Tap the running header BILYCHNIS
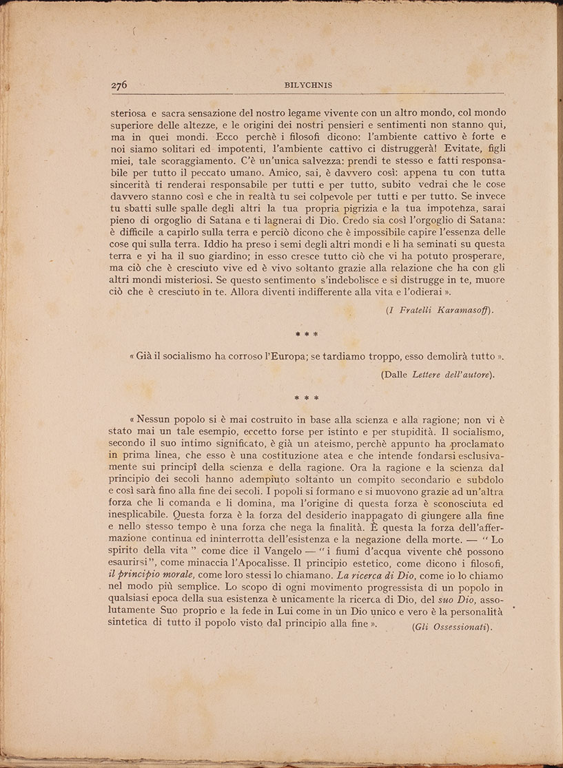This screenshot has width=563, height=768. [x=309, y=85]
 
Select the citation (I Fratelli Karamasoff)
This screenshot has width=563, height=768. [x=440, y=310]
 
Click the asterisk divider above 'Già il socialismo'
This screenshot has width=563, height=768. [x=306, y=334]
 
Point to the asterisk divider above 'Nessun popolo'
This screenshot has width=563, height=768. [x=306, y=398]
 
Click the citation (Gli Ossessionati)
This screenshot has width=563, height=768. [x=451, y=627]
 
